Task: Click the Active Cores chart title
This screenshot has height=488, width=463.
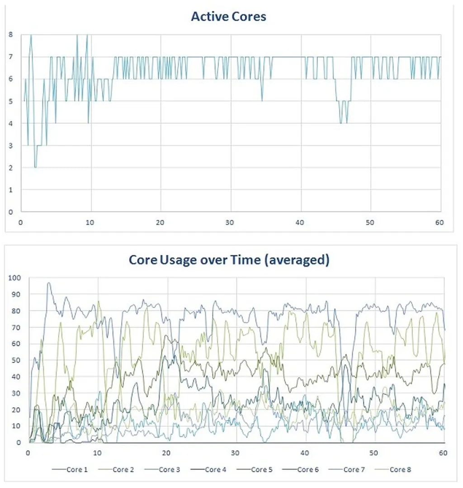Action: click(228, 17)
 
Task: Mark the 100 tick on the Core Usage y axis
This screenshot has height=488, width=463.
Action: click(15, 277)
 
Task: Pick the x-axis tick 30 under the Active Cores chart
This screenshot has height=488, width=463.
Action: click(231, 223)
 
